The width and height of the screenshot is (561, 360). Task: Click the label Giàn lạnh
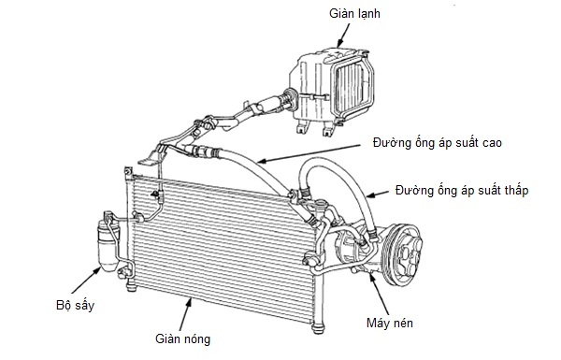tap(354, 14)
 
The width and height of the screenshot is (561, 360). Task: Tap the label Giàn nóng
tap(182, 338)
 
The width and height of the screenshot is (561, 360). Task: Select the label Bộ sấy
tap(75, 305)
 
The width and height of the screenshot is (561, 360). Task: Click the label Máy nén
tap(390, 323)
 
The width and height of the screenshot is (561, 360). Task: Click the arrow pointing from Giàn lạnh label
tap(343, 36)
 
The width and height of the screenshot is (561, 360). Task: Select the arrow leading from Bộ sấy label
tap(85, 281)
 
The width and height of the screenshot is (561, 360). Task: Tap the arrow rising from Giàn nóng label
tap(185, 314)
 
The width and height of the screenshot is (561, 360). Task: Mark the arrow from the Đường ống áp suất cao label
tap(309, 153)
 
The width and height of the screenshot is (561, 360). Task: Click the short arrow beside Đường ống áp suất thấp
tap(378, 194)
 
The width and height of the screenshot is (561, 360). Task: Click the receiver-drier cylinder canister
tap(107, 246)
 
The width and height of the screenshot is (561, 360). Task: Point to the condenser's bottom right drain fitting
tap(318, 328)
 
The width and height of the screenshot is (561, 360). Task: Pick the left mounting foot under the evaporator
tap(302, 127)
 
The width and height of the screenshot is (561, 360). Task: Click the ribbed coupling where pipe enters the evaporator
tap(290, 97)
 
